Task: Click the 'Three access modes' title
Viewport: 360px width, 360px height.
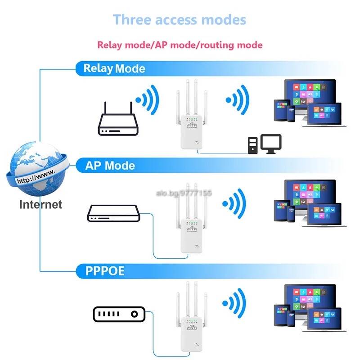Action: click(180, 20)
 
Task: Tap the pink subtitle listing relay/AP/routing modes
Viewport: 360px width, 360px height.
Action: click(180, 45)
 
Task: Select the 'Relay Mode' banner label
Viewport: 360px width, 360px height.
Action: click(114, 68)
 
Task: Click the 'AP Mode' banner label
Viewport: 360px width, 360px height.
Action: click(110, 166)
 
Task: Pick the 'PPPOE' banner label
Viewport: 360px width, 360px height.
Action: click(105, 271)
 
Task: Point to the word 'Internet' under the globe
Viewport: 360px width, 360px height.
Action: click(40, 204)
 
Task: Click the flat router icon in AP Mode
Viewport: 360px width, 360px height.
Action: click(114, 213)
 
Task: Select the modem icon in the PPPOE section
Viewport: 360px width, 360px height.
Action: click(119, 314)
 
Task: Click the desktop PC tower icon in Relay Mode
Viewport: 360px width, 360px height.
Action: click(253, 145)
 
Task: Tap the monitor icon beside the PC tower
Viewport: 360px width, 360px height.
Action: click(271, 144)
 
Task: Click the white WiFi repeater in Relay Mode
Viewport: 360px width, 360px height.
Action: click(192, 114)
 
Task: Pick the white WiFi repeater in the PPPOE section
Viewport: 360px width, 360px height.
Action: click(192, 317)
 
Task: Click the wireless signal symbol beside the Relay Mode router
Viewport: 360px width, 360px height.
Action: click(148, 100)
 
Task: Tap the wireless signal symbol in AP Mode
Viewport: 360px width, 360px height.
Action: click(234, 203)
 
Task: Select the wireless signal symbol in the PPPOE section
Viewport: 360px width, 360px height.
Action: click(234, 303)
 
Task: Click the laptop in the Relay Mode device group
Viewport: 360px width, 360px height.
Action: click(324, 115)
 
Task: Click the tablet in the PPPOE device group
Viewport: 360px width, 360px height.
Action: click(281, 315)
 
